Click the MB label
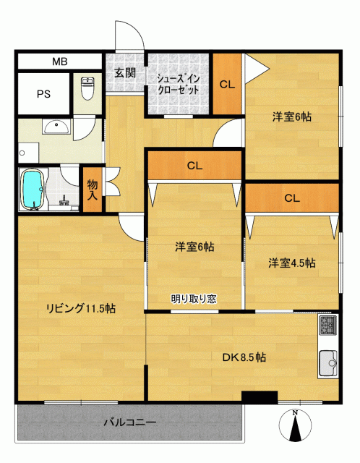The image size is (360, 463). coord(60,61)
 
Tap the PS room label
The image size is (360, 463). coord(43,94)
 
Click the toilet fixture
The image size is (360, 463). coord(87,88)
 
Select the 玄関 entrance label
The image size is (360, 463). coord(125,72)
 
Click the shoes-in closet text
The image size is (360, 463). coord(179,85)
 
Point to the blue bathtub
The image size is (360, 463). coord(33,189)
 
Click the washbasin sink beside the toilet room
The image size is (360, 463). coord(56,127)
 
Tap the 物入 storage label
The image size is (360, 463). coord(93,190)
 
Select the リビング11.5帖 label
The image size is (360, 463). coord(80,308)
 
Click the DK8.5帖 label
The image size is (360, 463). coord(244,357)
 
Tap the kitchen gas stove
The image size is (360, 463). coord(328,325)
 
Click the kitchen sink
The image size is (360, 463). coord(328,363)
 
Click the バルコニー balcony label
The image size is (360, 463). coord(130,422)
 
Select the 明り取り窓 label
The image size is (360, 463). coord(194,299)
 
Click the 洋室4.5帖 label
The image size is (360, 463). coord(291,263)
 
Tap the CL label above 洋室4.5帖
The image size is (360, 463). coord(292,197)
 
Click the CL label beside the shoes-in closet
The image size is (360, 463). coord(227,85)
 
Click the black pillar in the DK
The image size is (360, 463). coord(260,397)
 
